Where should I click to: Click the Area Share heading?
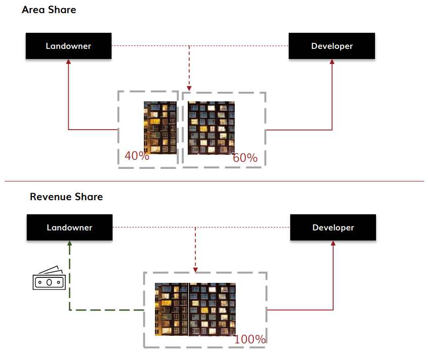pos(49,10)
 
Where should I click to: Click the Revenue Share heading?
pos(66,197)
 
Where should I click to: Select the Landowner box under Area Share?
pos(69,46)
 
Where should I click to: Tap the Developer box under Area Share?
pos(332,46)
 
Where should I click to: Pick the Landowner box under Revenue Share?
pos(70,227)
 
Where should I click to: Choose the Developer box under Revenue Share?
pos(333,227)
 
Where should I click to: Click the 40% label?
pos(137,156)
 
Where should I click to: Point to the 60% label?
pos(245,158)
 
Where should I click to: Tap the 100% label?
pos(250,339)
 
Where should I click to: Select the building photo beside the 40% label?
pos(160,128)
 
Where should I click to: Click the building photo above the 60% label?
pos(211,128)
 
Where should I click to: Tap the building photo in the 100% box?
pos(195,309)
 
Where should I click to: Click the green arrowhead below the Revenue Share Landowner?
pos(70,243)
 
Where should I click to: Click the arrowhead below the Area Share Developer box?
pos(332,62)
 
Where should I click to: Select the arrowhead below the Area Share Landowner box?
pos(69,62)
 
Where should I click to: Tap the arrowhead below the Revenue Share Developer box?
pos(333,244)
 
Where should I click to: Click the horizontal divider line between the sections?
pos(214,181)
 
